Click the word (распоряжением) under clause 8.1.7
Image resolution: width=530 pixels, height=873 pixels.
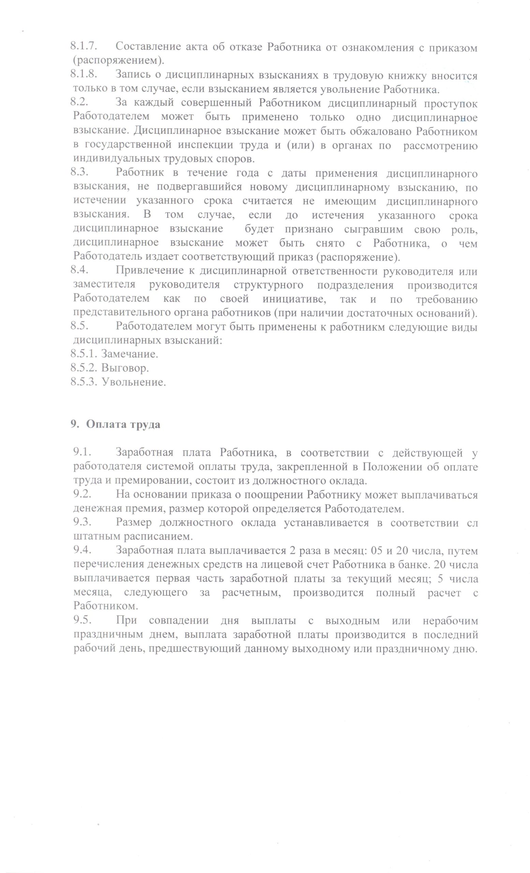pyautogui.click(x=119, y=61)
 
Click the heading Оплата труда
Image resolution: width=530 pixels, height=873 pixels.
pyautogui.click(x=122, y=425)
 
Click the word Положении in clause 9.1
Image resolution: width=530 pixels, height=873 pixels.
pyautogui.click(x=392, y=467)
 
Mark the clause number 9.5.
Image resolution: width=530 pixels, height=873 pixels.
pyautogui.click(x=82, y=621)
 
